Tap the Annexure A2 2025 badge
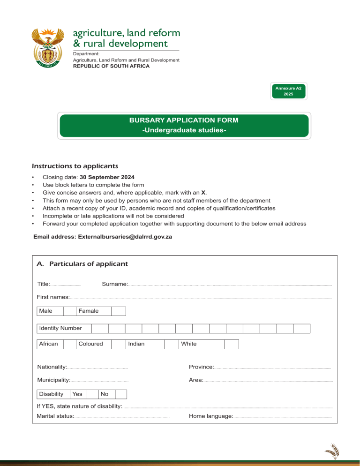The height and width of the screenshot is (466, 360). [x=288, y=91]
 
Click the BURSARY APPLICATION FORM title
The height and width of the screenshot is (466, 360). [x=184, y=120]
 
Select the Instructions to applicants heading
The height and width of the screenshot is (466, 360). [x=75, y=166]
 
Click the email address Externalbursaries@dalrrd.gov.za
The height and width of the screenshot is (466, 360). [x=103, y=237]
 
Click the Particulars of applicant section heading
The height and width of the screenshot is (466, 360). [x=82, y=264]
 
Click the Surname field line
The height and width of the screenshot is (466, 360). [x=230, y=285]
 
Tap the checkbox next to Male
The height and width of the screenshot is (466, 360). [x=69, y=311]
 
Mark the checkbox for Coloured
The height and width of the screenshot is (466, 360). [x=117, y=344]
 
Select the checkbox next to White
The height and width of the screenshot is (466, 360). [x=231, y=344]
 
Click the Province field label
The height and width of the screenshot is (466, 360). [x=201, y=366]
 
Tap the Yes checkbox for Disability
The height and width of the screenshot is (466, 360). [x=92, y=394]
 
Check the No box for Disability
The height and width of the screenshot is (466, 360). [x=121, y=394]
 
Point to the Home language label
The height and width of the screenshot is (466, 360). [x=210, y=416]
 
